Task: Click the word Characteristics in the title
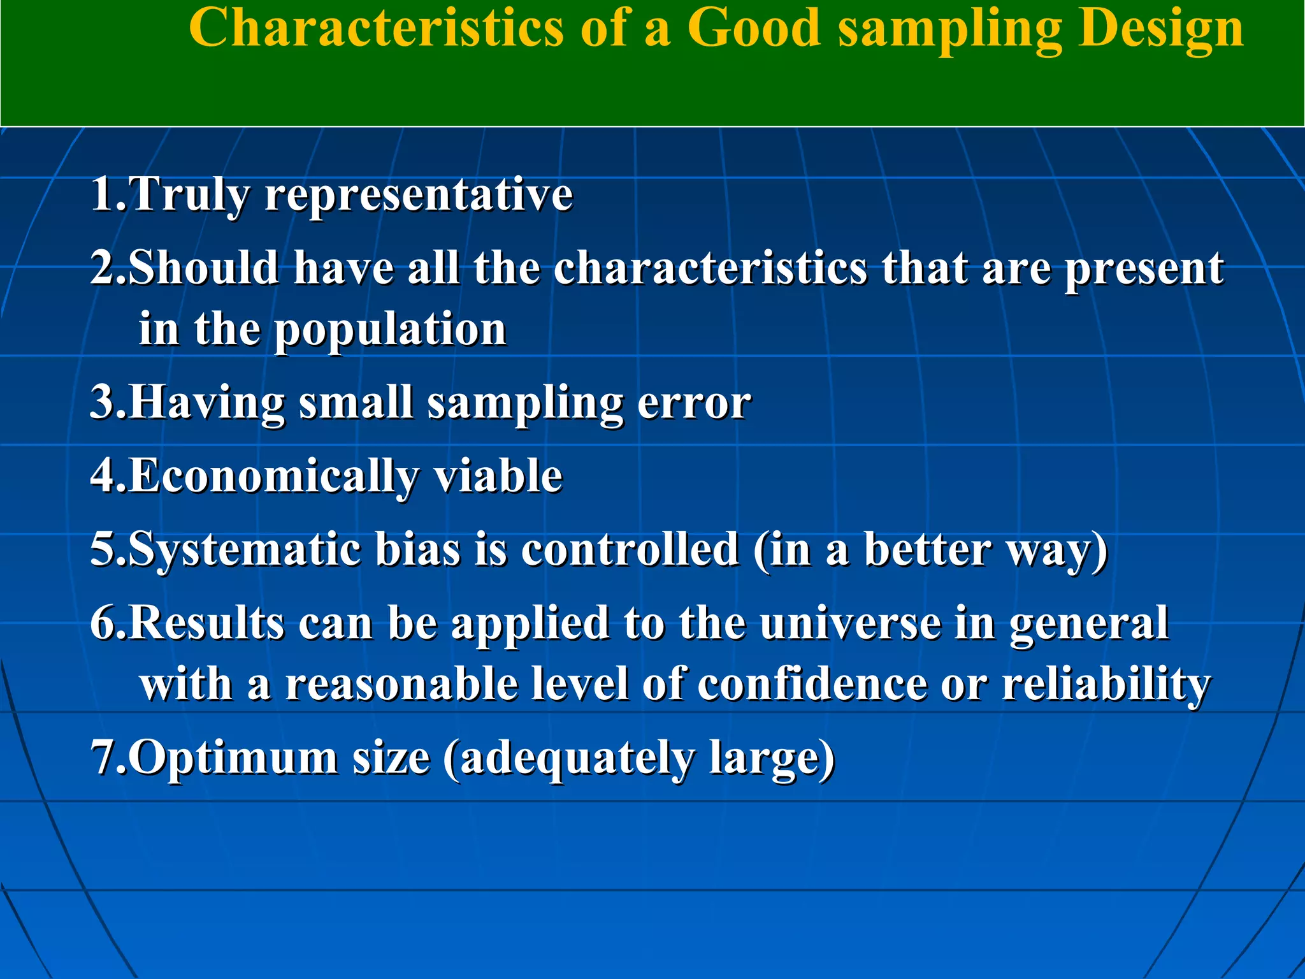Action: coord(376,29)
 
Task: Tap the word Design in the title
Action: coord(1160,29)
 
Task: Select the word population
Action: coord(390,330)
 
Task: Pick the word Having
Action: coord(208,404)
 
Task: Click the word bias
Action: coord(418,549)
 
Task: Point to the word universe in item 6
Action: coord(850,623)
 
